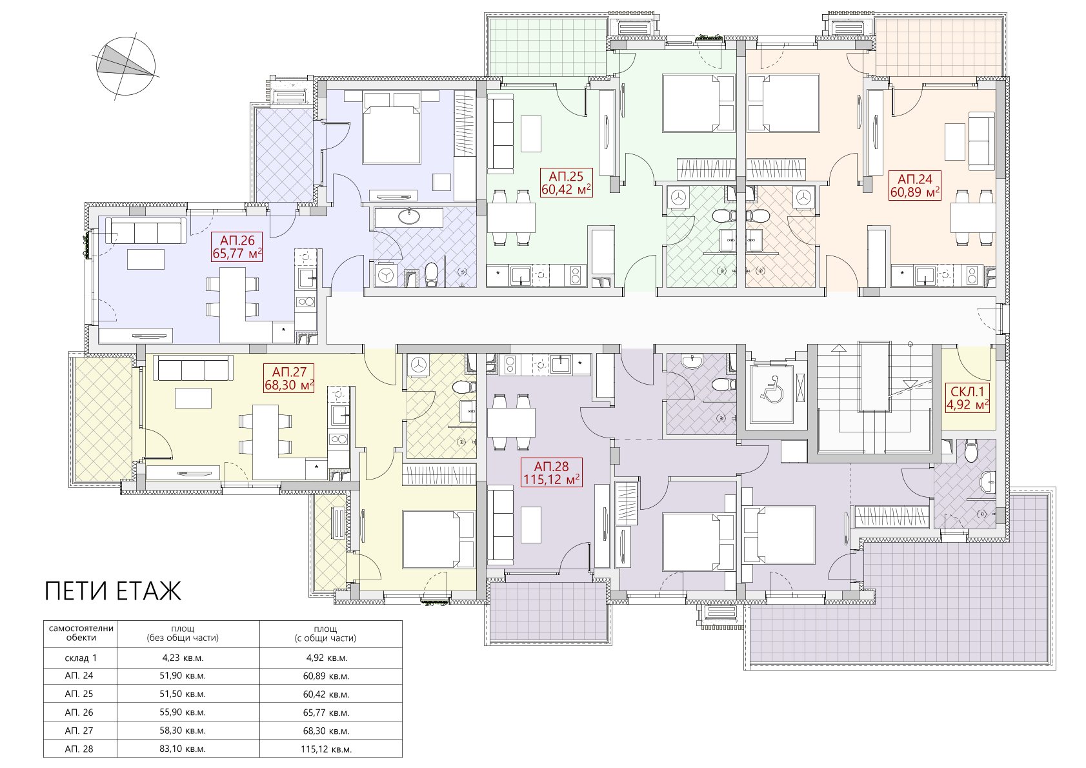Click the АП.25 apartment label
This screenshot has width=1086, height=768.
(567, 182)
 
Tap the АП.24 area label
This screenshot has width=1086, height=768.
(915, 186)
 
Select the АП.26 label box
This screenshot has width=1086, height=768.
(237, 247)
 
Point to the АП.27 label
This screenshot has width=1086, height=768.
(289, 379)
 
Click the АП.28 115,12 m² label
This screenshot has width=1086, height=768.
(551, 473)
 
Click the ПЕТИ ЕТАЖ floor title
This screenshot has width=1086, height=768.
(113, 591)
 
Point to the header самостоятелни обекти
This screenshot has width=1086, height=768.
(81, 632)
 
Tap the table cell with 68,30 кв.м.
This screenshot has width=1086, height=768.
(327, 731)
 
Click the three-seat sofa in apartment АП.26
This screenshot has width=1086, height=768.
(146, 231)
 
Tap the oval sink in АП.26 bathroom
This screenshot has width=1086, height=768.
(409, 216)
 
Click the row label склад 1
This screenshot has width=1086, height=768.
(81, 658)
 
